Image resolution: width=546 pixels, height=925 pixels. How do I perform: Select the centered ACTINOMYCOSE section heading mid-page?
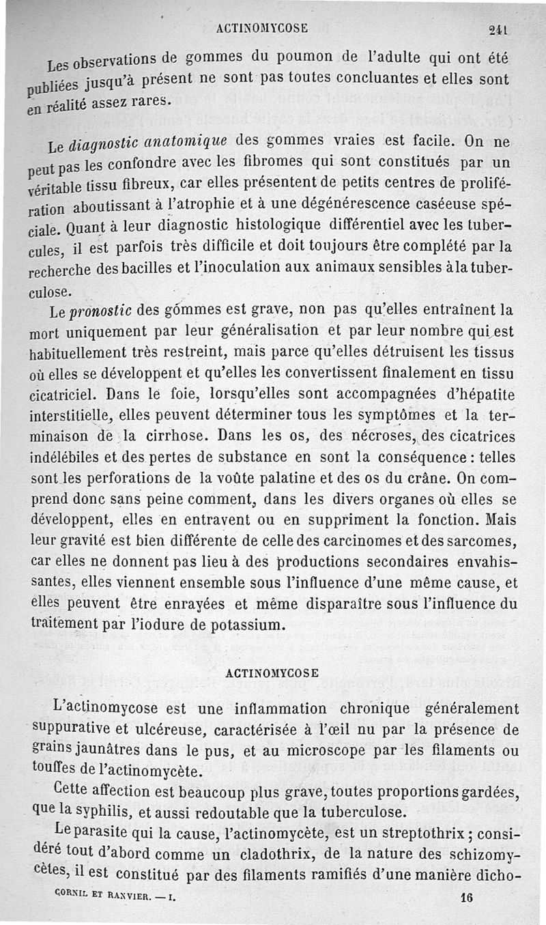pyautogui.click(x=272, y=672)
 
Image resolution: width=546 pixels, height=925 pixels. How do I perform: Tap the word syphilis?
pyautogui.click(x=120, y=812)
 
